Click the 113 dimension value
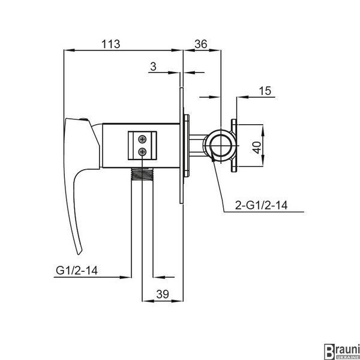click(x=110, y=44)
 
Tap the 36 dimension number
click(x=201, y=44)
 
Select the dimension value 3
click(x=153, y=67)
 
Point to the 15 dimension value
click(x=265, y=91)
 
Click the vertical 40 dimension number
click(x=258, y=148)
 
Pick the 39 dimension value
click(x=163, y=294)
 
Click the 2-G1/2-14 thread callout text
click(x=261, y=205)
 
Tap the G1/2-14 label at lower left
click(x=77, y=270)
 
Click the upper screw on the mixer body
click(x=143, y=139)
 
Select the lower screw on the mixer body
click(x=143, y=152)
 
